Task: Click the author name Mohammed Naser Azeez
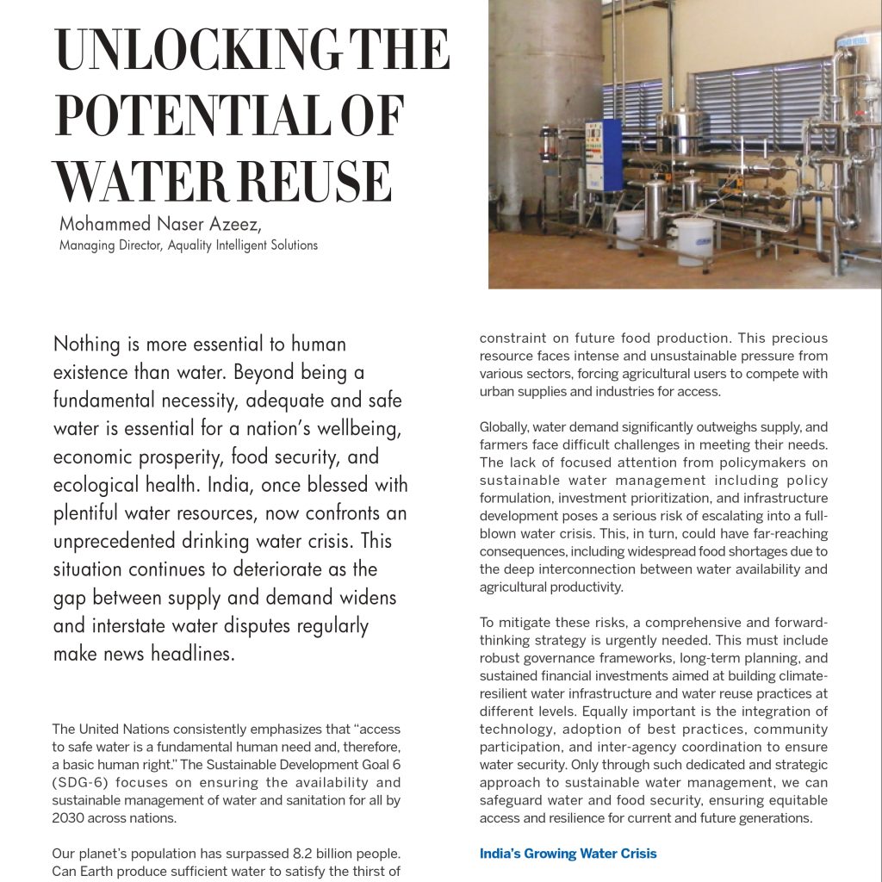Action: [160, 225]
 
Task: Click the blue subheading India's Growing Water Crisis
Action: [568, 854]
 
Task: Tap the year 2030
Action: [70, 818]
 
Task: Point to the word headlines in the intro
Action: [189, 654]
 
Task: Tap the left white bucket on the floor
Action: [629, 228]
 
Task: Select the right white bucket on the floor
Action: [693, 239]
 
